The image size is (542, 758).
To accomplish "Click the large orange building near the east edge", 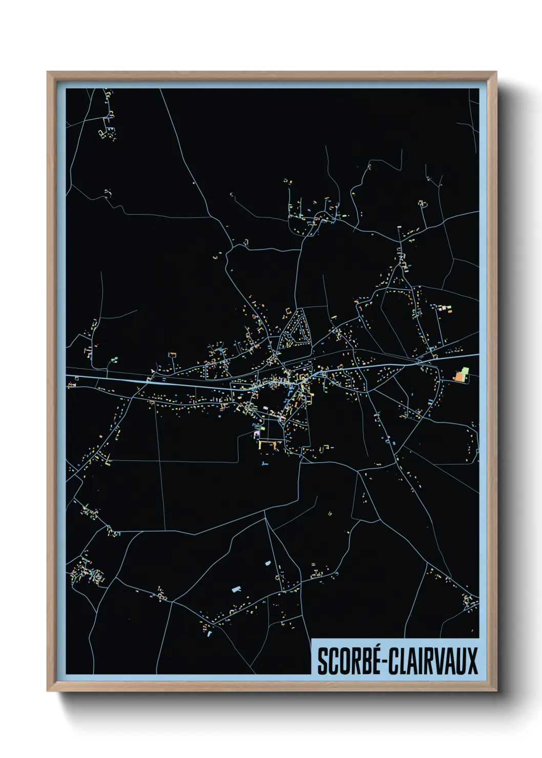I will point(458,377).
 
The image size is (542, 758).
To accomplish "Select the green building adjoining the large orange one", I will point(465,371).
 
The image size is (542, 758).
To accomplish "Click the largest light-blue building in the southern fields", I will point(236,589).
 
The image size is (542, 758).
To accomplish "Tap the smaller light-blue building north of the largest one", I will point(267,563).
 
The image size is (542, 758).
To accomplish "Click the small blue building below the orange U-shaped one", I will point(264,464).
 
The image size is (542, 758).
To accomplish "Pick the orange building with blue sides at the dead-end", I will point(172,354).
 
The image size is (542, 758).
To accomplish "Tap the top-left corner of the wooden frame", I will point(48,73).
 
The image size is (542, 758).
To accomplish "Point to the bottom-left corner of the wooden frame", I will point(48,690).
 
